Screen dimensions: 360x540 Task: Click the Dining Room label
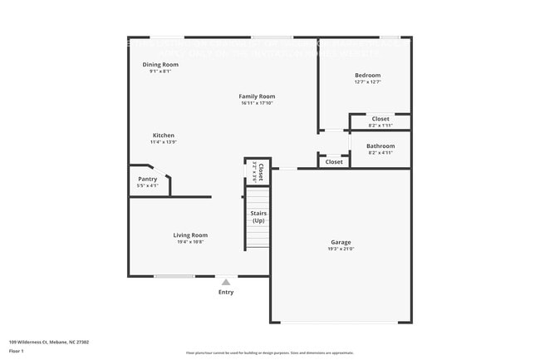click(x=160, y=64)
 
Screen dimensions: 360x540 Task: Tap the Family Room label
click(x=257, y=96)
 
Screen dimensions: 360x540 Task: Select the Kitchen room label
click(x=163, y=136)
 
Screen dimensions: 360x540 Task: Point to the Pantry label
click(x=147, y=179)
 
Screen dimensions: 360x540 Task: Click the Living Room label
click(x=190, y=234)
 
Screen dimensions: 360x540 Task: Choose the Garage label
click(x=341, y=242)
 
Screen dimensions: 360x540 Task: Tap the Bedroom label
click(x=367, y=75)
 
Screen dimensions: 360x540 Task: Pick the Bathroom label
click(x=380, y=145)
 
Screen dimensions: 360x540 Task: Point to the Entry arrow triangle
click(x=225, y=283)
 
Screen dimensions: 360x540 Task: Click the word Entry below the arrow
click(x=226, y=292)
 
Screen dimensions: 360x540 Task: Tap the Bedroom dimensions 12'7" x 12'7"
click(x=367, y=81)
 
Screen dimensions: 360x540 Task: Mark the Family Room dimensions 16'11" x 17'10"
click(x=257, y=103)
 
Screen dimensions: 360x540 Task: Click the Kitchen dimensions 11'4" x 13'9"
click(x=163, y=142)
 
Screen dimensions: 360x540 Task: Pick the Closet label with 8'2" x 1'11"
click(x=380, y=119)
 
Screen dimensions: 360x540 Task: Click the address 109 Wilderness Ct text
click(x=49, y=341)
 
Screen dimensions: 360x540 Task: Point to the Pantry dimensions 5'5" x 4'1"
click(x=147, y=185)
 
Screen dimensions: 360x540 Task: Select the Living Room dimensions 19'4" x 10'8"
click(x=190, y=241)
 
